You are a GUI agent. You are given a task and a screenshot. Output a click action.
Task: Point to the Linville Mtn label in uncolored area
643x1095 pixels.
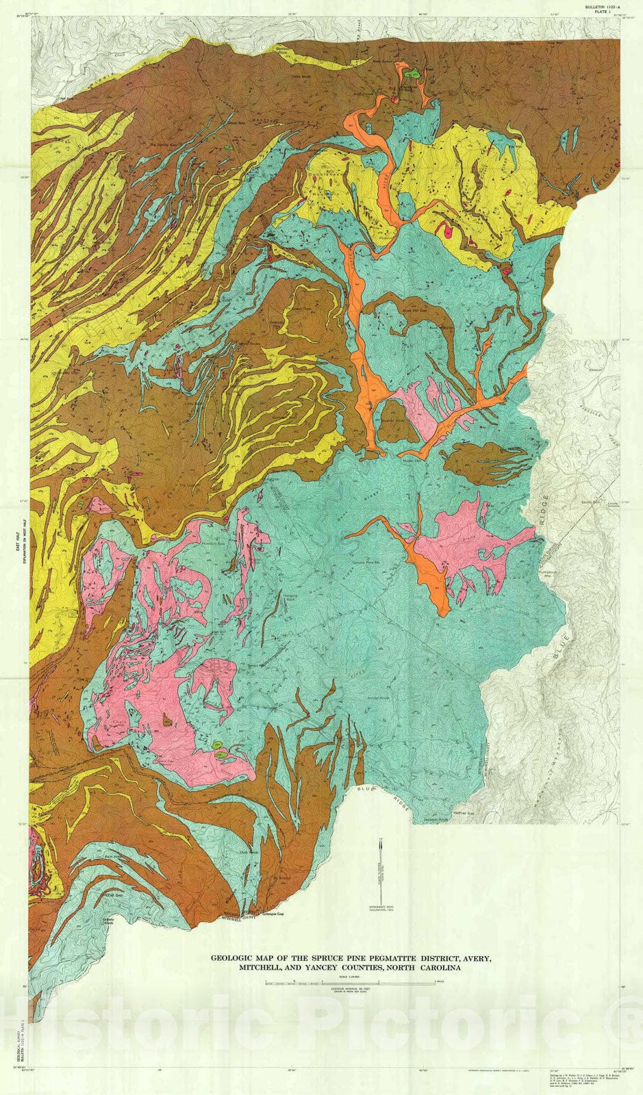click(x=583, y=502)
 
